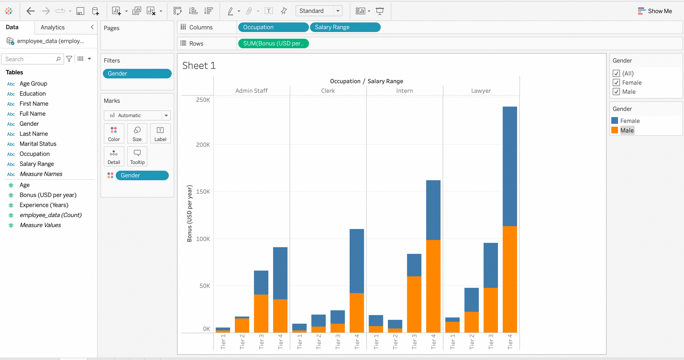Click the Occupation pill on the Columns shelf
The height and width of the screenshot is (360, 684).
(x=273, y=27)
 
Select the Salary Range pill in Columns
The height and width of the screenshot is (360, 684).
(x=345, y=27)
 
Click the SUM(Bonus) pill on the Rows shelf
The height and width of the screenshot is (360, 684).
(x=273, y=43)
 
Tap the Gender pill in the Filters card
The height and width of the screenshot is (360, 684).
(x=137, y=74)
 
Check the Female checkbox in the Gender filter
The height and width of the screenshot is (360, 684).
(x=616, y=83)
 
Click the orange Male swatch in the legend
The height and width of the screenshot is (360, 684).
(x=615, y=130)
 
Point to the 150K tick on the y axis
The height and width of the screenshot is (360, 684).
(x=203, y=191)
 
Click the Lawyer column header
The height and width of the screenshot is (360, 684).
(x=481, y=91)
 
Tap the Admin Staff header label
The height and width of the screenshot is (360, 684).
(x=251, y=91)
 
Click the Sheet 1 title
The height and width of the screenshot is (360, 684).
(x=199, y=65)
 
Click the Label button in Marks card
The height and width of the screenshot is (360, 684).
(x=160, y=133)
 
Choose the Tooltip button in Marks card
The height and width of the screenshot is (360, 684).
(x=137, y=156)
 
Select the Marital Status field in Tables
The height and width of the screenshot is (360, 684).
(x=38, y=144)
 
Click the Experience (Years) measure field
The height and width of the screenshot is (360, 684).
(x=44, y=205)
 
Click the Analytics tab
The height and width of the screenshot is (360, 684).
(x=53, y=27)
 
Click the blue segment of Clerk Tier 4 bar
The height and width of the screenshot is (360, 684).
(x=356, y=261)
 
